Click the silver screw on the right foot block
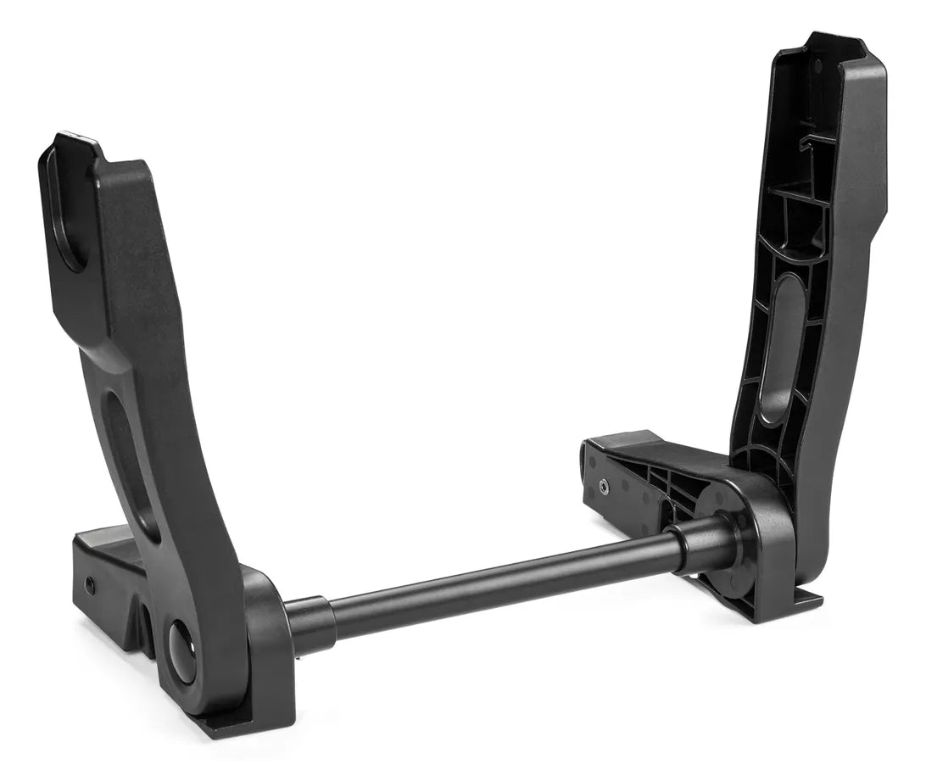pos(603,487)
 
